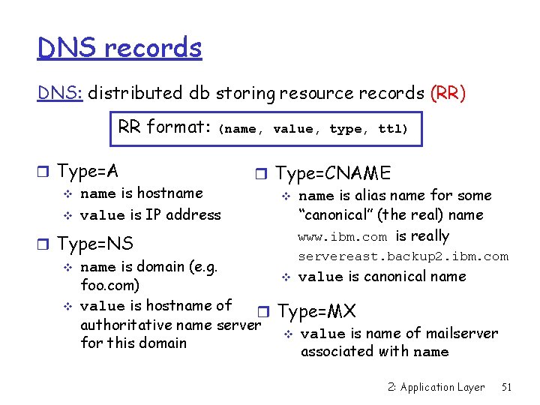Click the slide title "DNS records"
120,48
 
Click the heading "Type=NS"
94,244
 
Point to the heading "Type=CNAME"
333,173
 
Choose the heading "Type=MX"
316,310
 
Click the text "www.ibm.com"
343,237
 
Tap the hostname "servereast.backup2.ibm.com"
403,256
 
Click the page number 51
507,387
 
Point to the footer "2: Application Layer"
437,387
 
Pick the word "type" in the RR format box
345,129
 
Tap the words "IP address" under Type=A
183,214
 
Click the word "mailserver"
460,333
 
